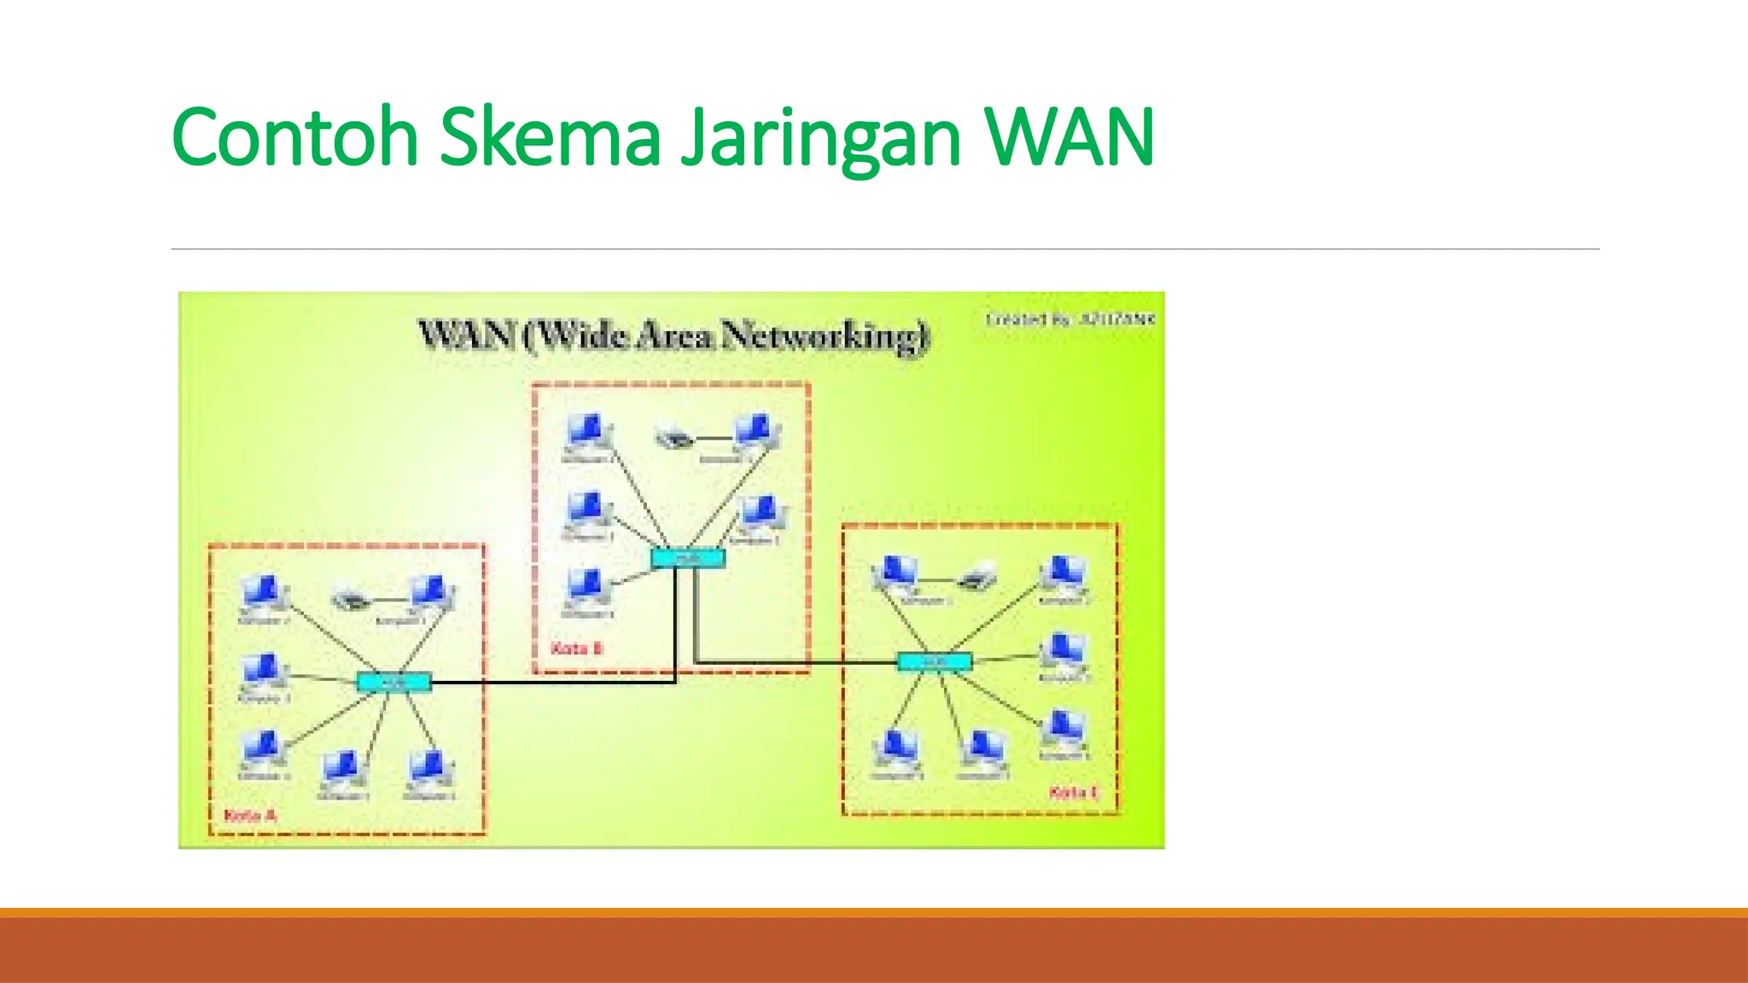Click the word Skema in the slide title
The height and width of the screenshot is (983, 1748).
551,137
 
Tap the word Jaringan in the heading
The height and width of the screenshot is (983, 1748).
820,138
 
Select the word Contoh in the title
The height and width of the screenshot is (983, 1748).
295,137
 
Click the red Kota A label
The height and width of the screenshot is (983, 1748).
249,816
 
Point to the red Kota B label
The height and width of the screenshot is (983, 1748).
577,649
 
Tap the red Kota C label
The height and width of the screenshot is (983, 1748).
1073,793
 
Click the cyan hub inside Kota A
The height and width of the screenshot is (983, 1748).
393,682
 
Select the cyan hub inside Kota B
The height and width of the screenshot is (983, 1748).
688,559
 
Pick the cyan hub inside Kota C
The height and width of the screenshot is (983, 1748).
935,661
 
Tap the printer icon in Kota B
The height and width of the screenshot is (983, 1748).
674,439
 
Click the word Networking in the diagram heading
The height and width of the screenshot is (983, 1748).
824,335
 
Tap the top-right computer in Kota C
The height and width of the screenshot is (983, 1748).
1063,574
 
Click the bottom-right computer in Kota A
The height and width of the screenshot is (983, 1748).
428,770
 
